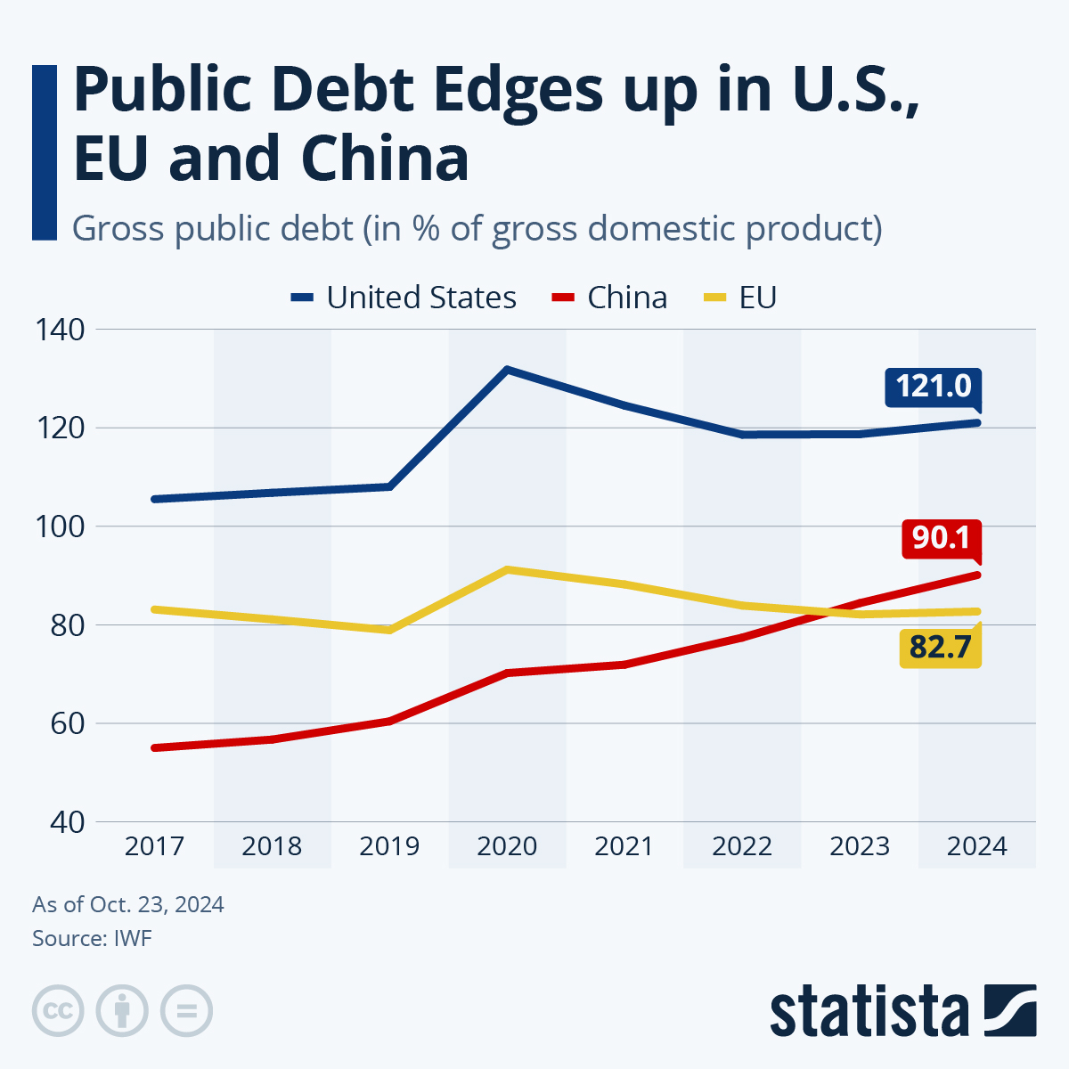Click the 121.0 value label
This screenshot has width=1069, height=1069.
tap(933, 387)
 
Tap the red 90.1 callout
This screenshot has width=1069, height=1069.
tap(941, 538)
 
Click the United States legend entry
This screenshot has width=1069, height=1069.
tap(404, 298)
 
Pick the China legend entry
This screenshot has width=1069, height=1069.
tap(609, 298)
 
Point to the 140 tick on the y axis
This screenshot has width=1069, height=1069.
tap(61, 330)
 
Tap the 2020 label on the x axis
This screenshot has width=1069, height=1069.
tap(507, 846)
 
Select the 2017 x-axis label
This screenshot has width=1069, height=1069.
tap(154, 846)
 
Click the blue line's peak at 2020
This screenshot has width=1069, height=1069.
tap(507, 370)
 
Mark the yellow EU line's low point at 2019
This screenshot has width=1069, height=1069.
tap(389, 630)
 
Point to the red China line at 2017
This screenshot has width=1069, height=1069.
tap(155, 747)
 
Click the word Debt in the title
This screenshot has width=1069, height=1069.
tap(342, 91)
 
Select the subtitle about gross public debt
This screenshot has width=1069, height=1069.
tap(477, 229)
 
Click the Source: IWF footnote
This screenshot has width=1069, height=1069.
tap(92, 938)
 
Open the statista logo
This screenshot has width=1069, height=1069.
tap(902, 1012)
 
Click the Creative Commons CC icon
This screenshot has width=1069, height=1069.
tap(58, 1011)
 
